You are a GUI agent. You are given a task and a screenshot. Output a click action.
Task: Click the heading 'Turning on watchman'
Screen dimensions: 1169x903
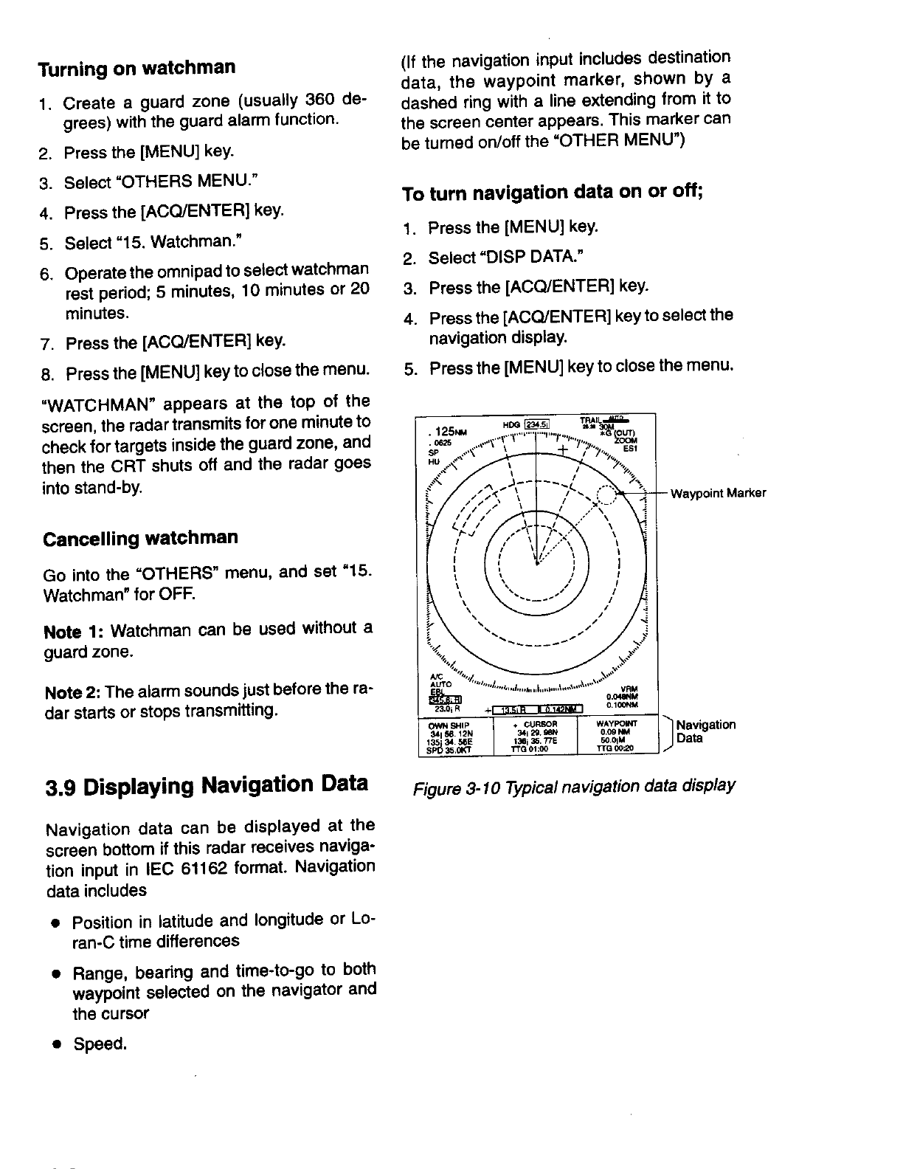pos(137,69)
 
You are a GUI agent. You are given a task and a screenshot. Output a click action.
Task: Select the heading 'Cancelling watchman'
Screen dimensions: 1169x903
pos(141,537)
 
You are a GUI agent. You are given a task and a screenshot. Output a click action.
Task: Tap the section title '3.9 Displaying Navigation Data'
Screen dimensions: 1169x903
pos(207,784)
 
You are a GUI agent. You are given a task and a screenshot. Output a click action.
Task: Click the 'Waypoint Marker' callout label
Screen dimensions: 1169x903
pos(717,494)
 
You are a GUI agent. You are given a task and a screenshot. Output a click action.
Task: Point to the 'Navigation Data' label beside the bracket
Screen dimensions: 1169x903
pos(705,731)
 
